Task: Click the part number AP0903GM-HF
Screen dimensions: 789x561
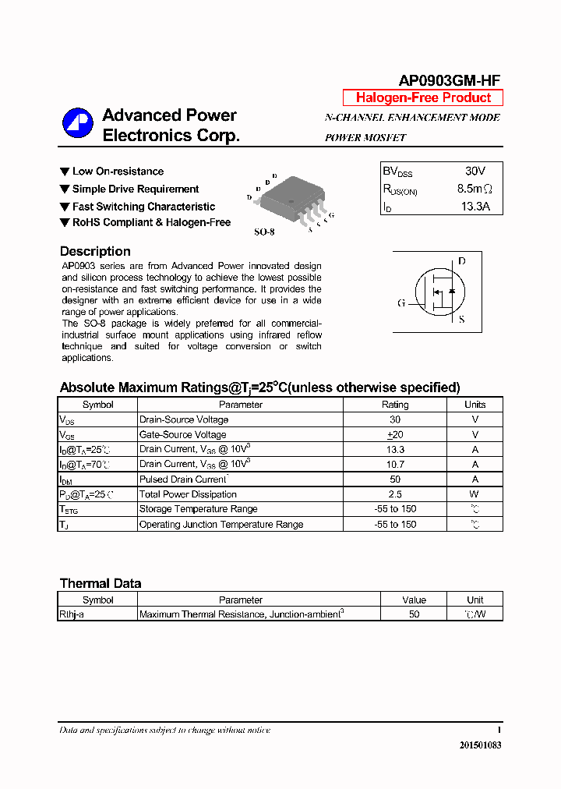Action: click(449, 80)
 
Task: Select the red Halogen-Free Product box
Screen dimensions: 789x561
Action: click(423, 97)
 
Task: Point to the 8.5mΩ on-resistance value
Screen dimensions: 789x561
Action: click(475, 189)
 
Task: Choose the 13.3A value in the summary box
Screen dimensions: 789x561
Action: click(475, 207)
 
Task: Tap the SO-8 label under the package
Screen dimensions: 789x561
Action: click(265, 232)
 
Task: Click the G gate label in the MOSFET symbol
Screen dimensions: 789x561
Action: click(401, 303)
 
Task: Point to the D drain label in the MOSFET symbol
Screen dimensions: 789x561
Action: click(461, 261)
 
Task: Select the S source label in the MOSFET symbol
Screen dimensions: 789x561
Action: click(461, 320)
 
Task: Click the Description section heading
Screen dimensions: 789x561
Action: click(95, 251)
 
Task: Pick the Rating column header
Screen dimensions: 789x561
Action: click(394, 405)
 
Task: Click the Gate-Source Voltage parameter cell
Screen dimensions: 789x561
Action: click(183, 434)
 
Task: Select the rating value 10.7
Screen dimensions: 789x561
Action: click(395, 464)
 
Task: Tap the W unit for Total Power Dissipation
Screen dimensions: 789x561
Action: click(475, 494)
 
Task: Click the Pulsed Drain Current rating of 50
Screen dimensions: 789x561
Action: click(395, 479)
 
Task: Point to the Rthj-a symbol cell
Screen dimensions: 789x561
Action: click(75, 614)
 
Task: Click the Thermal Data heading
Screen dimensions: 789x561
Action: click(101, 583)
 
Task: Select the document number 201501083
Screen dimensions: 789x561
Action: click(480, 745)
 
